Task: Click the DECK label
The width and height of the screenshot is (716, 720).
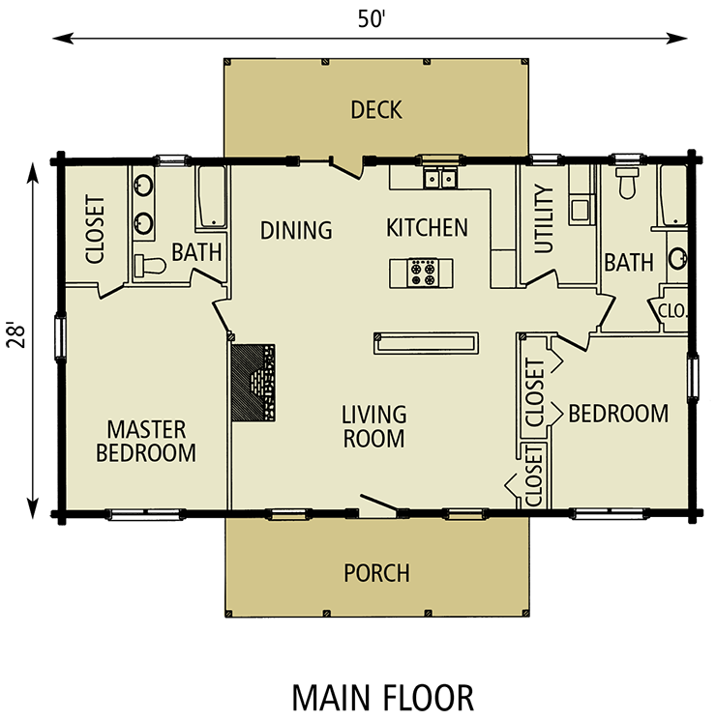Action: click(376, 110)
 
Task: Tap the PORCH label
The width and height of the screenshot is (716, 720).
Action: click(376, 573)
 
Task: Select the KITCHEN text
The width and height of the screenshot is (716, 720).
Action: click(427, 228)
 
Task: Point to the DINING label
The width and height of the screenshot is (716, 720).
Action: click(296, 231)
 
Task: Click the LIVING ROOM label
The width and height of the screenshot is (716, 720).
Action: click(373, 426)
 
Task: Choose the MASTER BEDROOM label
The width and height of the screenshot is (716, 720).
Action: click(146, 441)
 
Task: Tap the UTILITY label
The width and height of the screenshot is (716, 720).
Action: click(544, 219)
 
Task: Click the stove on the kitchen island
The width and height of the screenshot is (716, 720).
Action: click(423, 273)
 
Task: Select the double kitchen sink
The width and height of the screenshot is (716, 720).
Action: click(439, 179)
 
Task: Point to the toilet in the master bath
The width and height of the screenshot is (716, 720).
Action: click(147, 265)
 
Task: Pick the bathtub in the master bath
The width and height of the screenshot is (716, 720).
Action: click(211, 198)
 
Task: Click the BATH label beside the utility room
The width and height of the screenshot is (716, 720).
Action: click(629, 262)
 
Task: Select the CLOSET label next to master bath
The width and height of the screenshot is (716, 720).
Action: click(95, 230)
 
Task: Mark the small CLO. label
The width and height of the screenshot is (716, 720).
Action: click(672, 311)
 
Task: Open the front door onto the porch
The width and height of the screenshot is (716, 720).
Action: click(379, 505)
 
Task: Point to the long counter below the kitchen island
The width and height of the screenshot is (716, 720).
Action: click(426, 343)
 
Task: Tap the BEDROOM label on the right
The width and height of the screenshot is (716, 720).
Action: click(618, 415)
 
